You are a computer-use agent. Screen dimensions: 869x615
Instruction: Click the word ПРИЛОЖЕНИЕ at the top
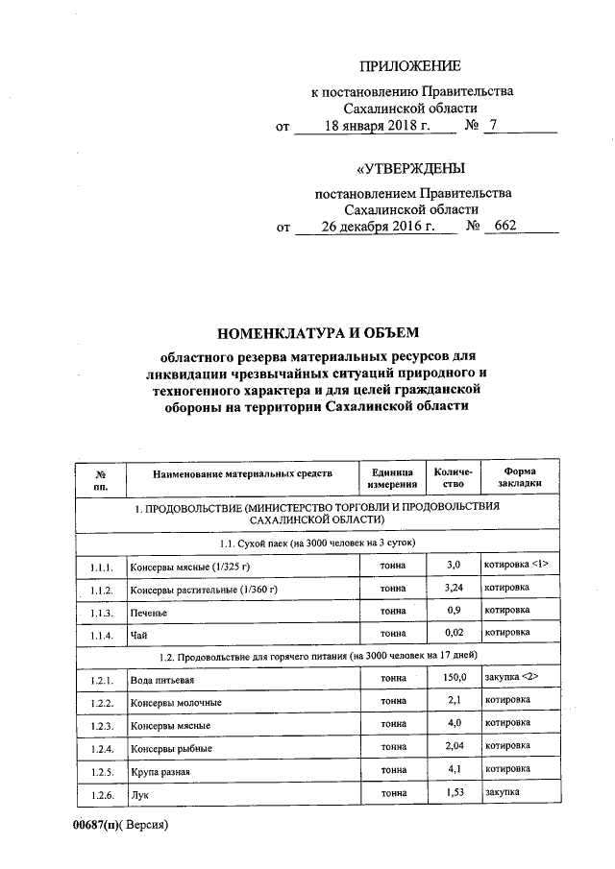tap(410, 66)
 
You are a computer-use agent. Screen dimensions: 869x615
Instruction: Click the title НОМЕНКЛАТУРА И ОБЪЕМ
tap(320, 334)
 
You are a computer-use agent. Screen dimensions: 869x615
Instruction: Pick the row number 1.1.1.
tap(101, 566)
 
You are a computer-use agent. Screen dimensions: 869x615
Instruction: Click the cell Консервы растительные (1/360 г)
tap(195, 589)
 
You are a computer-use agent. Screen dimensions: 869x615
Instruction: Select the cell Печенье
tap(149, 613)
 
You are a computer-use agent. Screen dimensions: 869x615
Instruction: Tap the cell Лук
tap(138, 796)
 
